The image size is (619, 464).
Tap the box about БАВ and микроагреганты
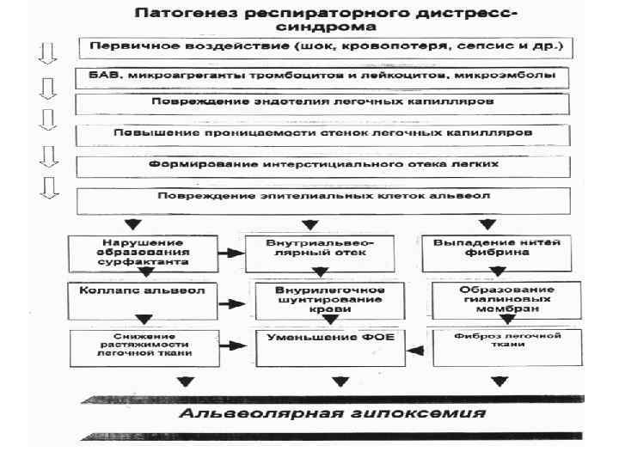tap(328, 75)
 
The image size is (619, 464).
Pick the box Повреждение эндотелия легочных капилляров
tap(328, 104)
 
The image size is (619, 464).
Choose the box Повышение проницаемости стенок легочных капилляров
tap(328, 134)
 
